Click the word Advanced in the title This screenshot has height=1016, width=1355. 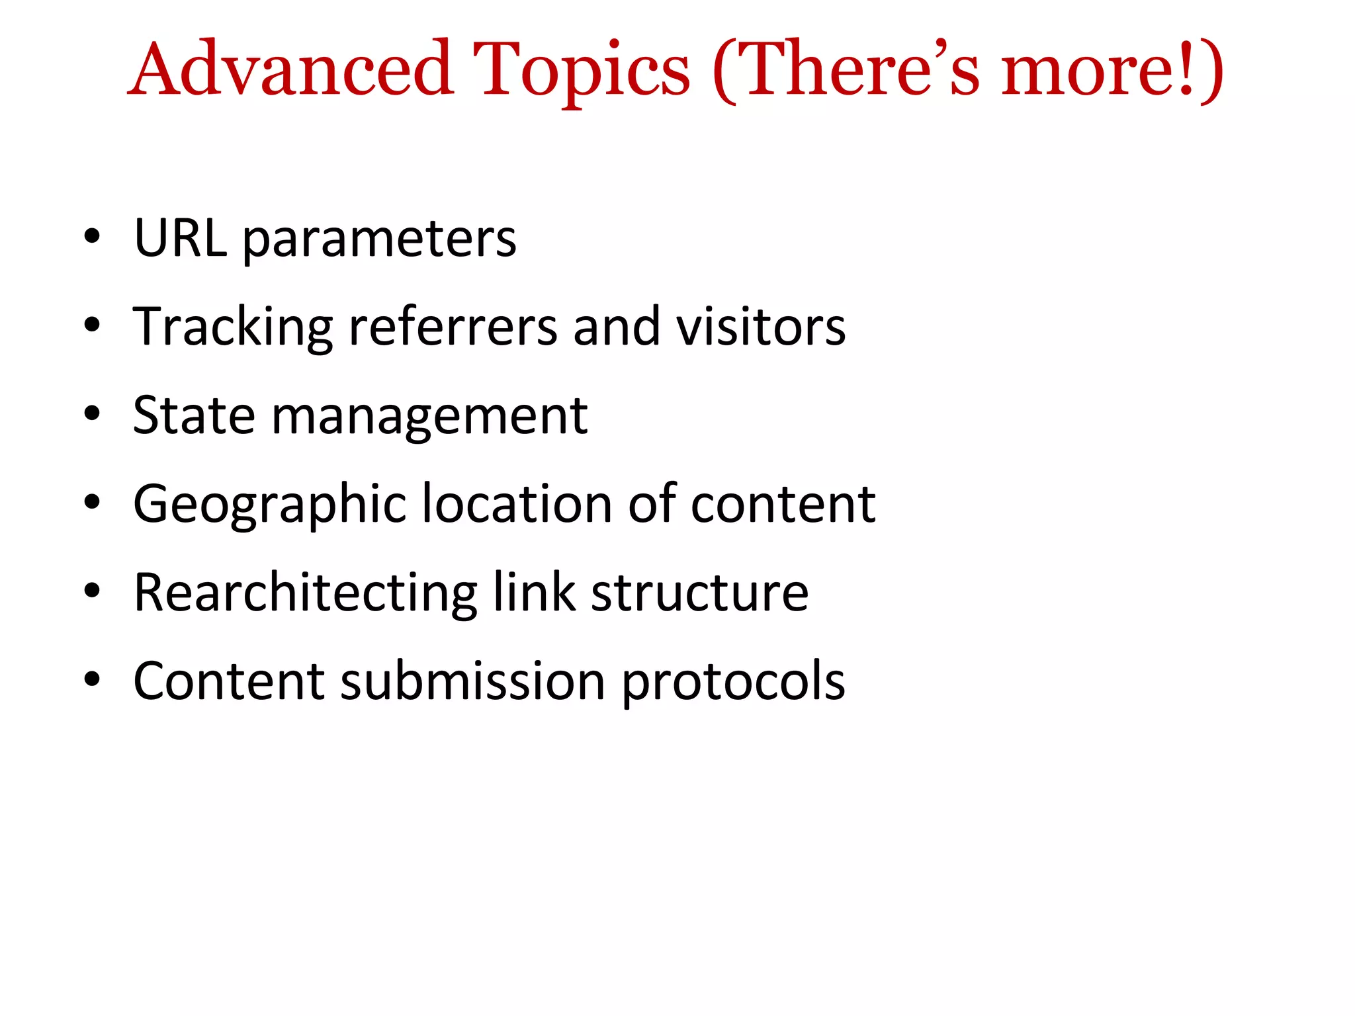tap(291, 69)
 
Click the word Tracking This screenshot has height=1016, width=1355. tap(232, 328)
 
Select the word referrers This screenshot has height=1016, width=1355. tap(453, 328)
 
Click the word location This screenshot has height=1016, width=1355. tap(517, 504)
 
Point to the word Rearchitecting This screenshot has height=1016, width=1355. tap(305, 593)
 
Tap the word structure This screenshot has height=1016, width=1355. tap(699, 593)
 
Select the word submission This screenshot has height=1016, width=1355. tap(472, 681)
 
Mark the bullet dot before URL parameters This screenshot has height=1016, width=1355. tap(92, 236)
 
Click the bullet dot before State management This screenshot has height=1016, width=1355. tap(92, 413)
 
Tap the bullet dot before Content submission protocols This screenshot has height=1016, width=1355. tap(92, 679)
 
